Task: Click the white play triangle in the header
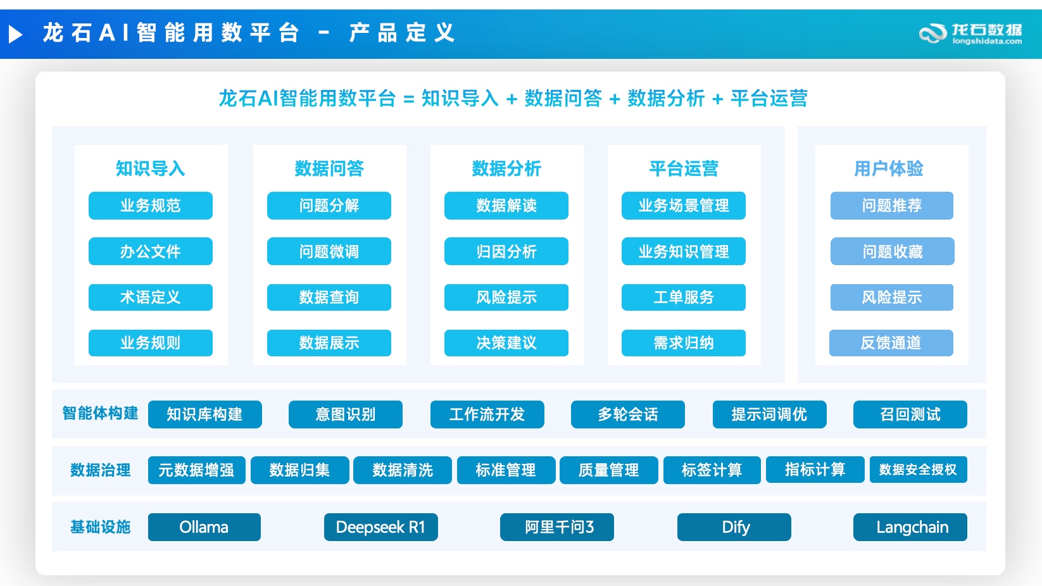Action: pos(15,34)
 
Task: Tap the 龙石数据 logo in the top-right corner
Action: pos(970,34)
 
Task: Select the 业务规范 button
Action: pos(150,206)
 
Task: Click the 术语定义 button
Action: pos(150,297)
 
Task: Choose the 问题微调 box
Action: pos(329,251)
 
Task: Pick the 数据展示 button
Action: pos(329,343)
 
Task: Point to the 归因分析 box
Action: pos(506,251)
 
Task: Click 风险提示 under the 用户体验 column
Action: pos(892,297)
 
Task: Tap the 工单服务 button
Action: pos(683,297)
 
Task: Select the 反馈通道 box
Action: pos(891,343)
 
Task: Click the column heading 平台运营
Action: pos(684,168)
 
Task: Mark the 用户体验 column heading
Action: pos(889,168)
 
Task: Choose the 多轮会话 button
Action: pos(627,415)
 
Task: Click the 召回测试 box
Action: pos(910,415)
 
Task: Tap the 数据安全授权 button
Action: pos(919,470)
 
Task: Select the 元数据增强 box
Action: pos(196,470)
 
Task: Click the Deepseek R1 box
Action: pos(380,527)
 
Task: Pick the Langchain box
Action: pos(910,527)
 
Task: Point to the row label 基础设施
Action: pos(100,527)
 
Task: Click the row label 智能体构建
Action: pos(100,413)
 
